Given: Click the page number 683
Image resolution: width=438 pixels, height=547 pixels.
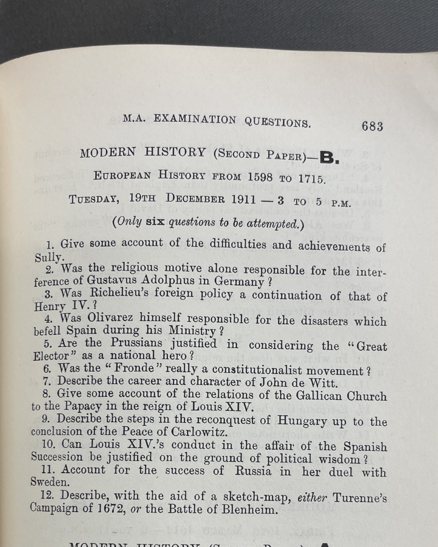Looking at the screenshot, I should (x=372, y=127).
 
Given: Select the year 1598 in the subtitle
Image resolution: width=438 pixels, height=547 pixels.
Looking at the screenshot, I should (x=260, y=178).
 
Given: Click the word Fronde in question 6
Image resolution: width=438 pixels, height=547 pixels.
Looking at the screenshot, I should (x=134, y=368).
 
